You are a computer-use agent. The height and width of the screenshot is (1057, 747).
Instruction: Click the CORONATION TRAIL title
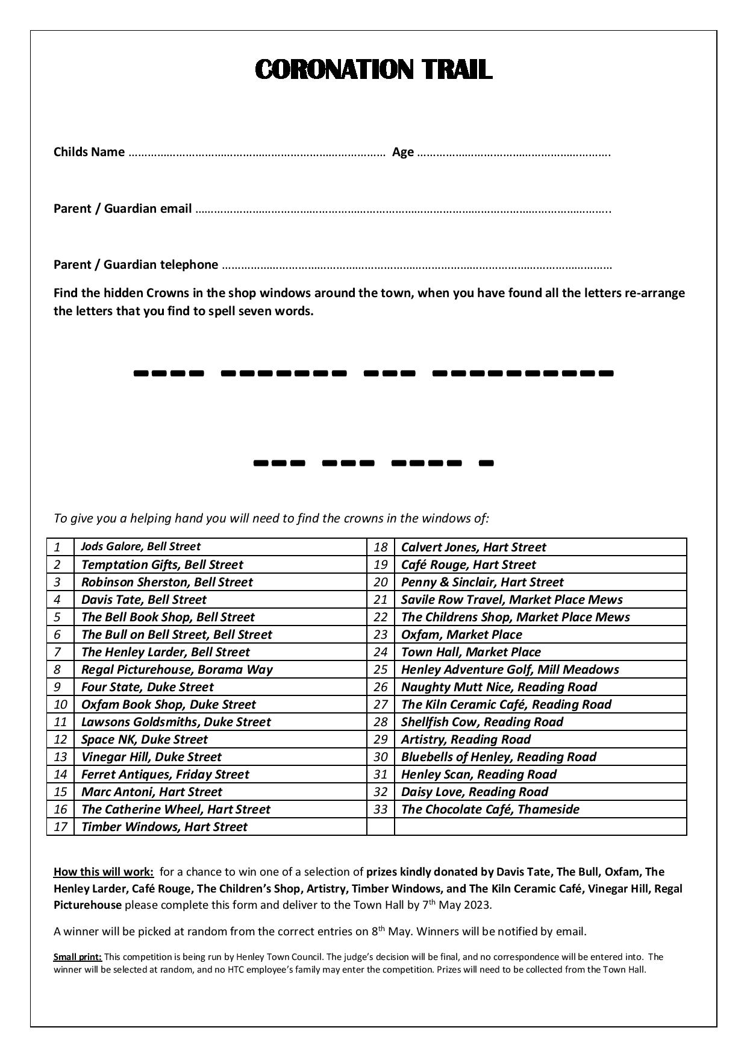[x=373, y=69]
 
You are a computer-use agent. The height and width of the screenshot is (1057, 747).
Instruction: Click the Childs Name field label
[x=89, y=152]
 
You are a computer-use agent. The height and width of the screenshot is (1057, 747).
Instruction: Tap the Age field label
[x=402, y=152]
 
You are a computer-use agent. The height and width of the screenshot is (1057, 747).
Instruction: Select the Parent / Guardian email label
[x=123, y=209]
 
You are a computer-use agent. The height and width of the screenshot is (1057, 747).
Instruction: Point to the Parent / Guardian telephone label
[x=136, y=265]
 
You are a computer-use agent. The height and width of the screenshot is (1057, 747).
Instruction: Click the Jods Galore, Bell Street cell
[x=140, y=547]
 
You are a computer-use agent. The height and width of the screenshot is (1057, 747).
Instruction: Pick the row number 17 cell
[x=60, y=827]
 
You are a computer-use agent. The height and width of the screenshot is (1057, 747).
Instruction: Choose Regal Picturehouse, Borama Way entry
[x=177, y=670]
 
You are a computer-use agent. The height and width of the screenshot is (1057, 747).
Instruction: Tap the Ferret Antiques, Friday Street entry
[x=165, y=774]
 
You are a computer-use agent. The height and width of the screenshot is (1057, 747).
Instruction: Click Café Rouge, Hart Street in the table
[x=468, y=565]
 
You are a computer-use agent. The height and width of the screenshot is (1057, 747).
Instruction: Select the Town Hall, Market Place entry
[x=470, y=652]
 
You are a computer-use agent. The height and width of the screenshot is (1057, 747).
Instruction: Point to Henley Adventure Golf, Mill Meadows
[x=510, y=670]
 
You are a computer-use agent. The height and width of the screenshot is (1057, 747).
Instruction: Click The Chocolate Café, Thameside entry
[x=490, y=809]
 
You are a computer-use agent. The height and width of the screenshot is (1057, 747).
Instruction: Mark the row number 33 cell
[x=380, y=809]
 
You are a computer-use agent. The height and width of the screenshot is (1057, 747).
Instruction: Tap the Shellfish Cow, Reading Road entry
[x=482, y=722]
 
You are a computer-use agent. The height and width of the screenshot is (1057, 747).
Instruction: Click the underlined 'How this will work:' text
[x=104, y=872]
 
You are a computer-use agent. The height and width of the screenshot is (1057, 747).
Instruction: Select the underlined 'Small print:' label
[x=78, y=957]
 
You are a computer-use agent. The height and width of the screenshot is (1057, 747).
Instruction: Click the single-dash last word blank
[x=486, y=463]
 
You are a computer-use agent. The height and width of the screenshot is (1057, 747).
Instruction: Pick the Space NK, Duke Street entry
[x=144, y=739]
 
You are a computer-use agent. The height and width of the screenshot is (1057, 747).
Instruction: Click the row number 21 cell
[x=380, y=600]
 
